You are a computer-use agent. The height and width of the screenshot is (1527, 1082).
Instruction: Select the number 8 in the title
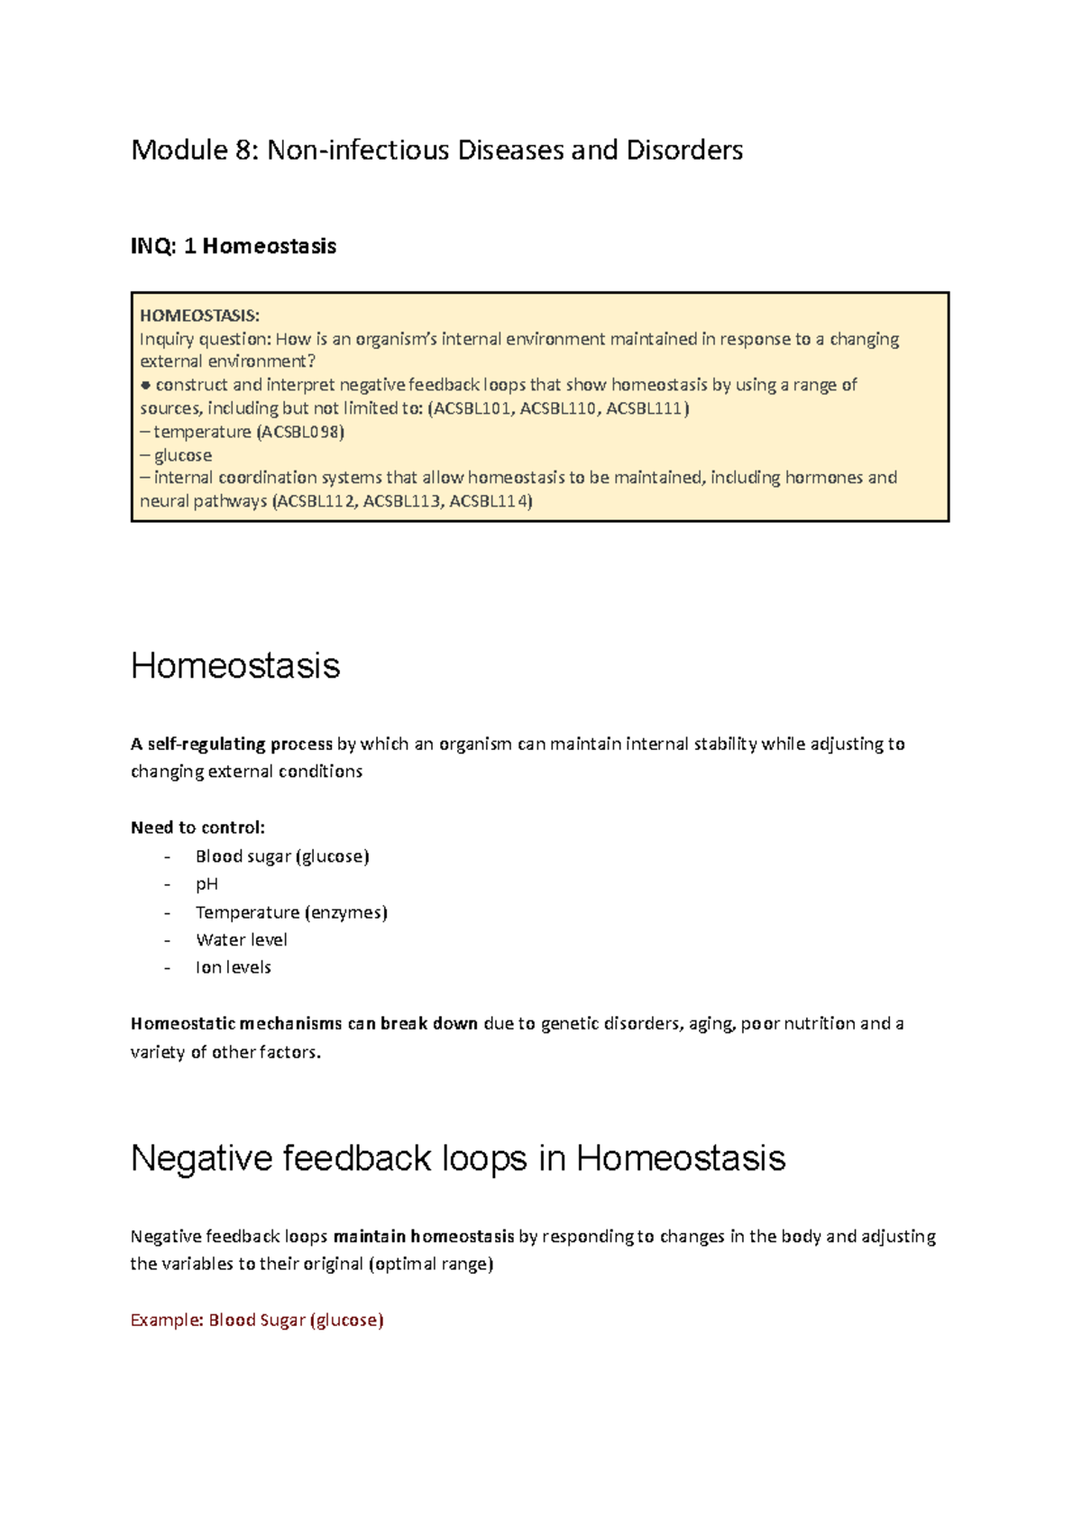tap(245, 150)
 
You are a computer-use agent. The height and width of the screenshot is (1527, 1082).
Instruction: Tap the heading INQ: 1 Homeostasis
tap(234, 246)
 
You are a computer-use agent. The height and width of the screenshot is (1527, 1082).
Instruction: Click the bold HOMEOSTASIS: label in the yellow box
tap(199, 315)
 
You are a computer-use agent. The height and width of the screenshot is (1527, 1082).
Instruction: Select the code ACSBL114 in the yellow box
tap(489, 501)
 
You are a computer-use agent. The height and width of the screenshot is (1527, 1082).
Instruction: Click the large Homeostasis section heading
tap(235, 666)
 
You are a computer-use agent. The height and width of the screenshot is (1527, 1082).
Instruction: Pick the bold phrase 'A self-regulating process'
tap(232, 744)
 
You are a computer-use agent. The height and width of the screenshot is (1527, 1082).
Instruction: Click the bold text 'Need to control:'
tap(197, 828)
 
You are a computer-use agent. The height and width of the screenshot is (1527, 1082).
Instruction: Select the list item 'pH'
tap(206, 884)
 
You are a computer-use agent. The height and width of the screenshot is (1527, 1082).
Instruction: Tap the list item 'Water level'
tap(242, 940)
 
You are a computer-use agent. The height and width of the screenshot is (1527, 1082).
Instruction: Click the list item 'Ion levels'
tap(233, 967)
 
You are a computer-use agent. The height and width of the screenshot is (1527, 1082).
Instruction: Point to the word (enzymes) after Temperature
tap(346, 912)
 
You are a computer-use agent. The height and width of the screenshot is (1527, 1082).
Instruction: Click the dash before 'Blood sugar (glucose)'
tap(167, 856)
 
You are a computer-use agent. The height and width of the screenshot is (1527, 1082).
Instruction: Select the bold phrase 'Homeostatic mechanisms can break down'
tap(304, 1023)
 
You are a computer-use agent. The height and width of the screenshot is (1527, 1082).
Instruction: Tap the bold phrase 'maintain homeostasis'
tap(424, 1236)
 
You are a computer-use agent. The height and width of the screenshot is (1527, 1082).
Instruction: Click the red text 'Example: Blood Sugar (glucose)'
tap(257, 1320)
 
